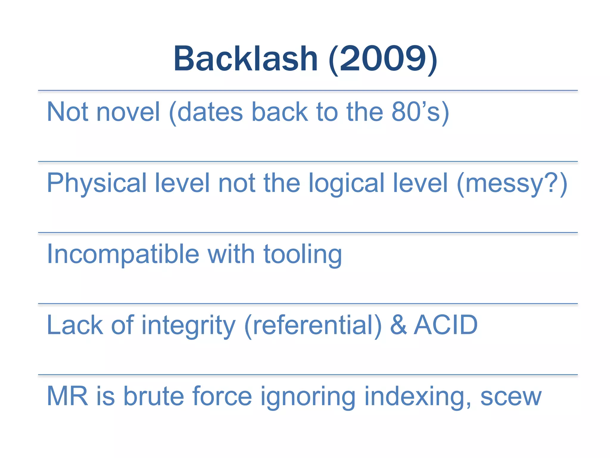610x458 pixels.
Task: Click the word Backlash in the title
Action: tap(245, 59)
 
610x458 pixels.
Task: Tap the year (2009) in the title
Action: tap(383, 59)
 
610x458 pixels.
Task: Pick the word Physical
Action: tap(97, 183)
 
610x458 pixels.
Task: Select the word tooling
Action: tap(302, 255)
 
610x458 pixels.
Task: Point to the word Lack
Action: tap(75, 325)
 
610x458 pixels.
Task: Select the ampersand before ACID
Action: tap(399, 325)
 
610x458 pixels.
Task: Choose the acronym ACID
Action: tap(446, 325)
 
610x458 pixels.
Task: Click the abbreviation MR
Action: tap(67, 396)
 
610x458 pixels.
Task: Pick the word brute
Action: tap(153, 396)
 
